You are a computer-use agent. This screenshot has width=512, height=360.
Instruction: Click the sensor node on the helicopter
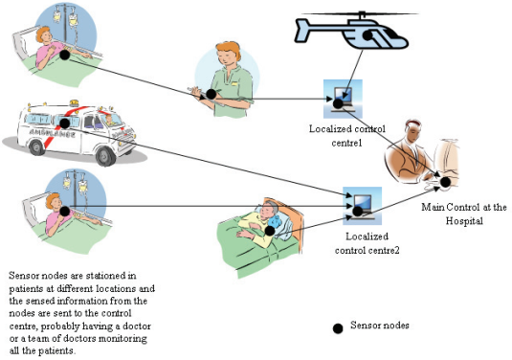[x=368, y=35]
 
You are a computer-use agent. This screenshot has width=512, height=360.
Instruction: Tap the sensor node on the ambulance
[x=65, y=124]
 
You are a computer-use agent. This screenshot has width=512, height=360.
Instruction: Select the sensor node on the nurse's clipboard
[x=211, y=94]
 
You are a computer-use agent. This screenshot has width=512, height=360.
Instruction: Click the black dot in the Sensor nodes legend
[x=338, y=328]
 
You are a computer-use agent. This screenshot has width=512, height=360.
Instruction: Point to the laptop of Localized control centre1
[x=343, y=99]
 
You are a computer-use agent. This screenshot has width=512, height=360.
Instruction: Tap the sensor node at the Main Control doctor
[x=445, y=182]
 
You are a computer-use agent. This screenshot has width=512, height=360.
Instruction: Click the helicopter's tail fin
[x=302, y=30]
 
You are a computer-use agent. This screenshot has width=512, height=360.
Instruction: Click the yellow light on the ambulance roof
[x=74, y=102]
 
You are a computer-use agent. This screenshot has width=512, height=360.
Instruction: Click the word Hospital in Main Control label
[x=464, y=221]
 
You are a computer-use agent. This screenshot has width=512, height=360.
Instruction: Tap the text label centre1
[x=346, y=143]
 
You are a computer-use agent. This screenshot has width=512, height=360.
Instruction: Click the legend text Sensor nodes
[x=380, y=325]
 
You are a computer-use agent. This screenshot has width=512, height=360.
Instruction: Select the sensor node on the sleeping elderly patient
[x=269, y=231]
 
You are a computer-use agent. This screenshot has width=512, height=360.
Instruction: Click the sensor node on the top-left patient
[x=65, y=55]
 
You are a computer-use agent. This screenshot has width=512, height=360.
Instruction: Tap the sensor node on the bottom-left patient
[x=65, y=211]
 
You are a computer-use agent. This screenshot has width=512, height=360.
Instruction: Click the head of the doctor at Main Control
[x=412, y=130]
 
